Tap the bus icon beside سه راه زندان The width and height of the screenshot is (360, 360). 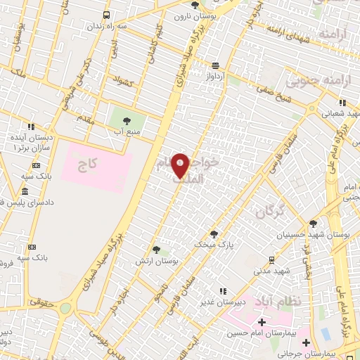point(106,15)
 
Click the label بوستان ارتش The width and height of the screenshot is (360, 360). point(157,260)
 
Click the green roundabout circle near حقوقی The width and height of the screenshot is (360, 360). point(65,307)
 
